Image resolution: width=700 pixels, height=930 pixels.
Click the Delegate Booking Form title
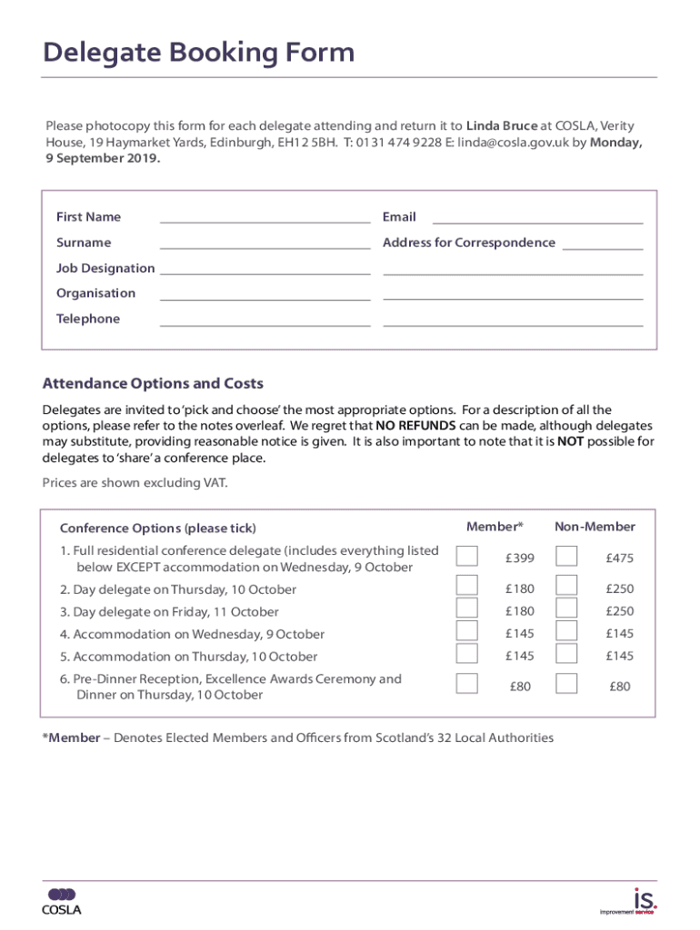(x=198, y=54)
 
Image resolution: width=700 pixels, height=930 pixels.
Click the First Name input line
(x=265, y=217)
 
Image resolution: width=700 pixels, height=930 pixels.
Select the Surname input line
(x=265, y=242)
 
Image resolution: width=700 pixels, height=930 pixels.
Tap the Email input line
(x=537, y=217)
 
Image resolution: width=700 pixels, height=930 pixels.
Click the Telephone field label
(x=88, y=319)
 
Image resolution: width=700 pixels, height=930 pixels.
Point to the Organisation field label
(x=95, y=293)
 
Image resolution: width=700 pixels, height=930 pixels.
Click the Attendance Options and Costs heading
(x=153, y=383)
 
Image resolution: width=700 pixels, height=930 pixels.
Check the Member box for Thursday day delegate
(x=466, y=586)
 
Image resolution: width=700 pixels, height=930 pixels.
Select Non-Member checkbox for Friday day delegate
(x=566, y=608)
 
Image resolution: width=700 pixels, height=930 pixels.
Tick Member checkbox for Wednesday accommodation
(x=466, y=631)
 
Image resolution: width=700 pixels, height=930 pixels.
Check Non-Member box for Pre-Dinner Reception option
(x=566, y=684)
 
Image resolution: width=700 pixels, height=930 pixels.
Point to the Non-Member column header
(x=595, y=527)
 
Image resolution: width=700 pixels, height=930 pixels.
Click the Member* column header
(x=495, y=527)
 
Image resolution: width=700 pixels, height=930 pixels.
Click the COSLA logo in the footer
(x=62, y=902)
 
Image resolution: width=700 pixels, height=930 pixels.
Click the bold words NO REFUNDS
(x=415, y=426)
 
